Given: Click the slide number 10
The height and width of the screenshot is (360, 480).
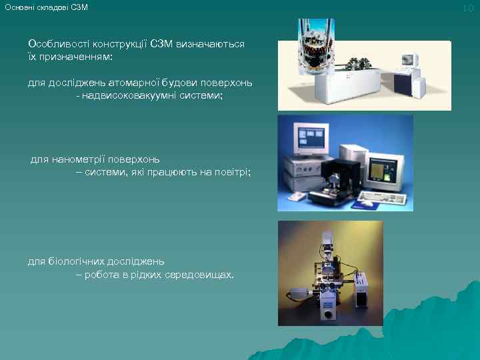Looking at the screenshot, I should (467, 7).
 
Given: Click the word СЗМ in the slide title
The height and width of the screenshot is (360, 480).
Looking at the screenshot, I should (79, 7).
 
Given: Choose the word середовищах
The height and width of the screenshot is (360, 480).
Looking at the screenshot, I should (203, 274).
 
